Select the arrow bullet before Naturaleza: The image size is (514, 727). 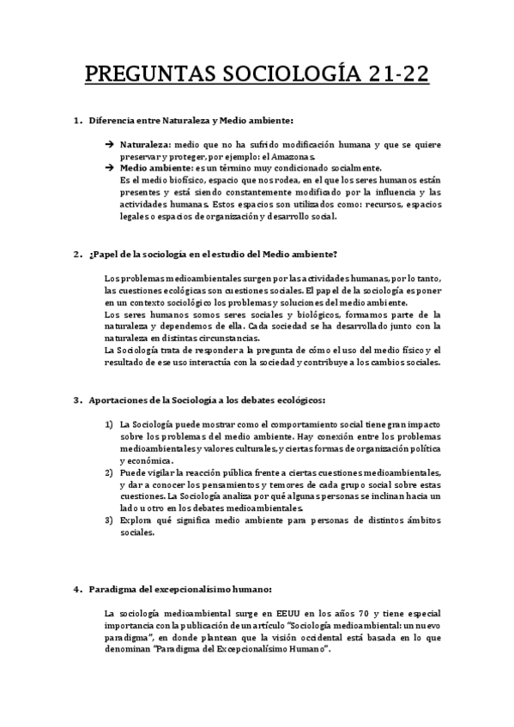coord(110,146)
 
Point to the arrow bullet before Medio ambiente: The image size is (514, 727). coord(110,169)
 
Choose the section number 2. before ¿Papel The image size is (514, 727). coord(77,254)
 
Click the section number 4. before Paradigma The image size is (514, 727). coord(77,589)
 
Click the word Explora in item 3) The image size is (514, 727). coord(137,520)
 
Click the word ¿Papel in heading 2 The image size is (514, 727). coord(105,254)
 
